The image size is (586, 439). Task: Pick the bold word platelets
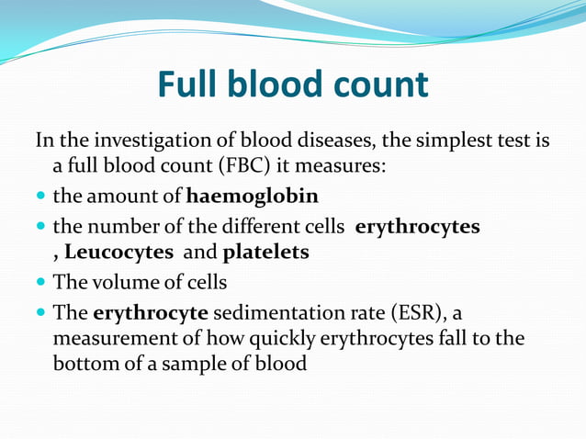tap(265, 253)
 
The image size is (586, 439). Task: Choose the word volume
tap(119, 281)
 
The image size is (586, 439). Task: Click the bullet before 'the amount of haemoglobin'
tap(41, 197)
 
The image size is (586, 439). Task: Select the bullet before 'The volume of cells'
tap(41, 282)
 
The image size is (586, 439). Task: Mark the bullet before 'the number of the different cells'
tap(41, 225)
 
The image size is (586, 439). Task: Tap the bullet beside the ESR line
tap(41, 311)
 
